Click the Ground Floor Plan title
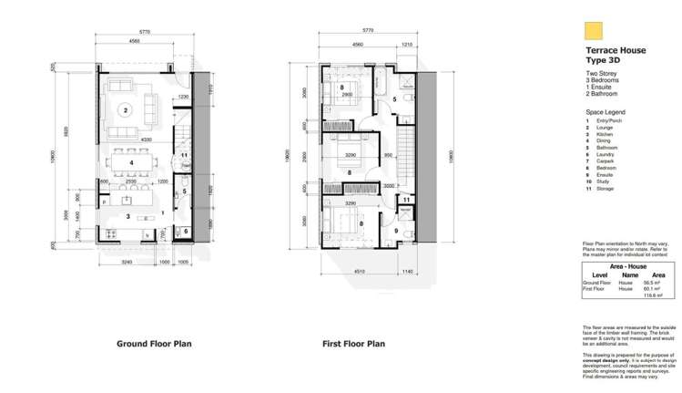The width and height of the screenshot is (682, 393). [153, 345]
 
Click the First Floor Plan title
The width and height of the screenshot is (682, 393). [354, 345]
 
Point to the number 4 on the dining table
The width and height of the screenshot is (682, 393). [132, 162]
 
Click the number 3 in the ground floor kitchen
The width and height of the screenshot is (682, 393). [128, 216]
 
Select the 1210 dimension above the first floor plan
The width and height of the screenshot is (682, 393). [406, 42]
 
